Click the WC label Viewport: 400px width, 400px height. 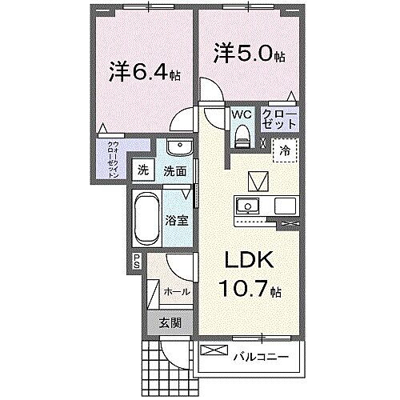(241, 114)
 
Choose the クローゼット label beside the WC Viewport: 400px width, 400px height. (280, 121)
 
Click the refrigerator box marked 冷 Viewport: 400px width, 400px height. (284, 149)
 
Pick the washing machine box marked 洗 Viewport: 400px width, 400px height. (143, 170)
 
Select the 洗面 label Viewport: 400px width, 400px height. (175, 170)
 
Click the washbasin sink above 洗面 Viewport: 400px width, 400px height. (178, 149)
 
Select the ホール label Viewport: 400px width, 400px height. (176, 292)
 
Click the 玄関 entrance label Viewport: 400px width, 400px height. (169, 323)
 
